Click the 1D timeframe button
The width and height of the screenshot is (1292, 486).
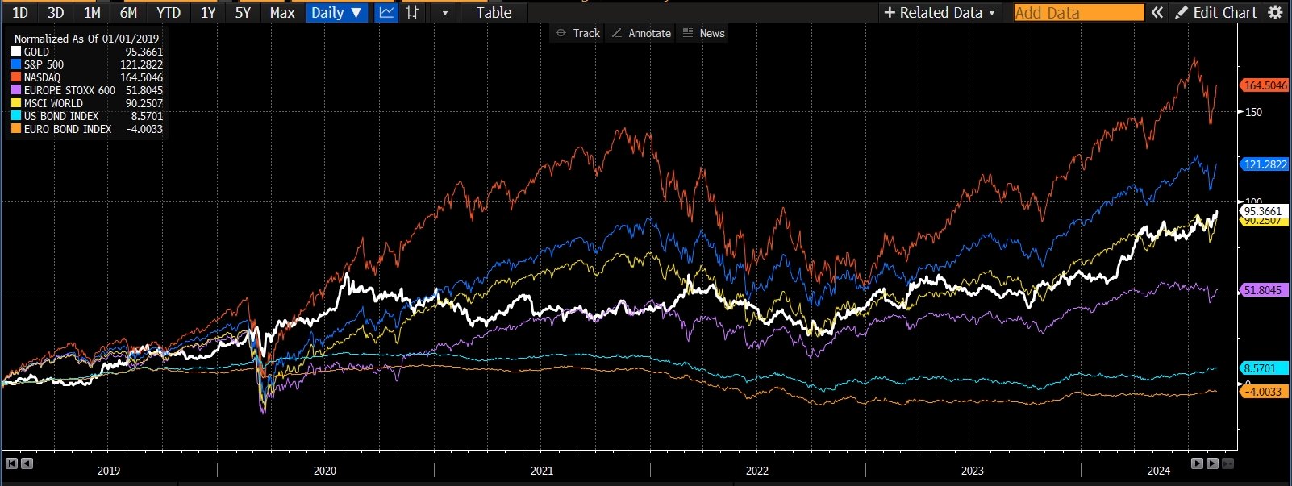20,12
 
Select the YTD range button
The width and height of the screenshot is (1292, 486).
169,12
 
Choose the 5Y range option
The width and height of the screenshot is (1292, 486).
243,12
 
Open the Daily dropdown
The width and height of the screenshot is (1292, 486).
336,12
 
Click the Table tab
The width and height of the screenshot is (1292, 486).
494,12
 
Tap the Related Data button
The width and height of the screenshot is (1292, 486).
940,12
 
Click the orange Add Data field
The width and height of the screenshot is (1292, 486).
1078,12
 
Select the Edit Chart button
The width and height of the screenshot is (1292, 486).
1216,12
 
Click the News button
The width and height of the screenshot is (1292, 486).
704,33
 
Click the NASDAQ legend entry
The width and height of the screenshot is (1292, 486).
42,77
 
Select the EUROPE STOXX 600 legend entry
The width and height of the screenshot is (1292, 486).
69,90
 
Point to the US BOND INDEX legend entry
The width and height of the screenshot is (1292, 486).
60,116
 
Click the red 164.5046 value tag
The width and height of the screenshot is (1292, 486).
1265,85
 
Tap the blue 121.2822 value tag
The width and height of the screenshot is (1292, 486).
1265,164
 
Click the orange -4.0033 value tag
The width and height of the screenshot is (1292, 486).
1263,392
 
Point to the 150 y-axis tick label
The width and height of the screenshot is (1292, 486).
1253,112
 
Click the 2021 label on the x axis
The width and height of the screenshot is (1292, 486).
541,471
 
